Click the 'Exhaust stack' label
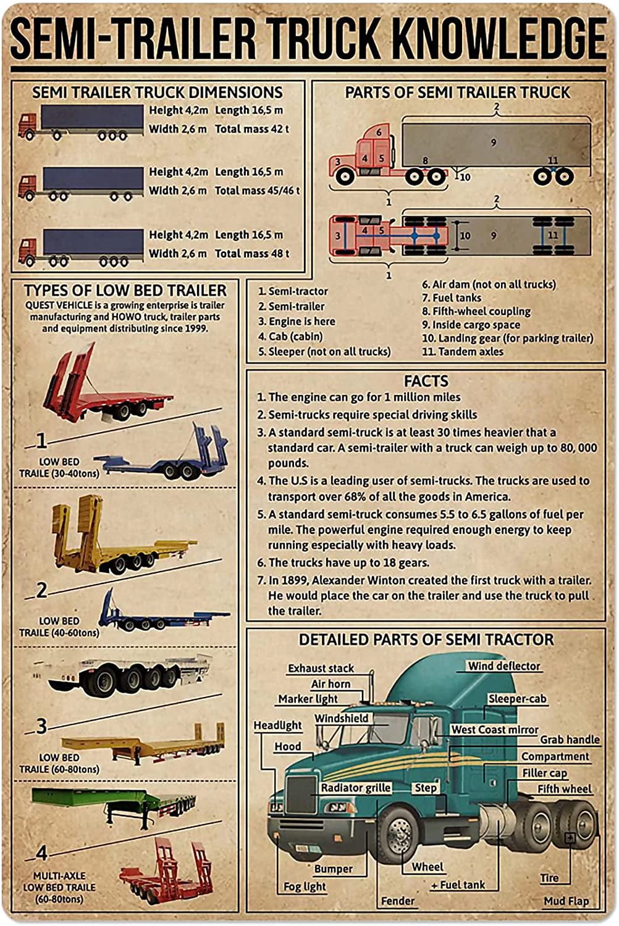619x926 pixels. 321,668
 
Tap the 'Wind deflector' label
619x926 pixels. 503,666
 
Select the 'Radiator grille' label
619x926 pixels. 355,788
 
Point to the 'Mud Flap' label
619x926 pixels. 566,901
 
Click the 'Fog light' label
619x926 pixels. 305,886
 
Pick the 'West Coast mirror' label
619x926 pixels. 494,730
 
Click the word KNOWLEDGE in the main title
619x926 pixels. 499,38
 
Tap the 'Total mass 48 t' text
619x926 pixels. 252,253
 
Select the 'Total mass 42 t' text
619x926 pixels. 252,129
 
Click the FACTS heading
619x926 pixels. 426,381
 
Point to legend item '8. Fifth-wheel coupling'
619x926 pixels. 476,311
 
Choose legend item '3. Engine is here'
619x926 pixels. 297,321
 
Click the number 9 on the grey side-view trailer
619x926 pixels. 494,143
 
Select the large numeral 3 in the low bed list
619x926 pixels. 41,726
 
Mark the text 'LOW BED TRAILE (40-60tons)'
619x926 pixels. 59,627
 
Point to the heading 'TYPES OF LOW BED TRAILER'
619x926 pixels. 125,290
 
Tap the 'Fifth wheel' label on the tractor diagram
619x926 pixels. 564,789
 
